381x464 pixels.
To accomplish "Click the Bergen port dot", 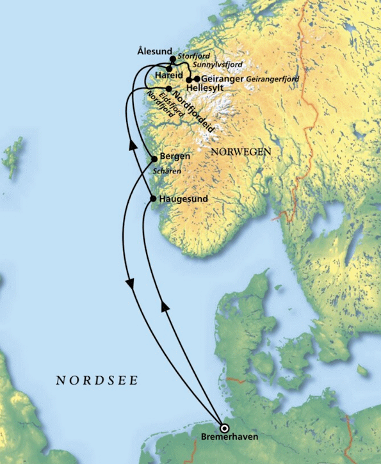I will click(154, 159).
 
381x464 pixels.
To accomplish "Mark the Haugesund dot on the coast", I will click(152, 199).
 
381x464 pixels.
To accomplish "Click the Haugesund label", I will click(182, 199).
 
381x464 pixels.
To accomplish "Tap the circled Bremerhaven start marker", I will click(224, 428).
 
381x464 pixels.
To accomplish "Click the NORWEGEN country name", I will click(240, 152).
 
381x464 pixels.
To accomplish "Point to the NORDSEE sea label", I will click(97, 380).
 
